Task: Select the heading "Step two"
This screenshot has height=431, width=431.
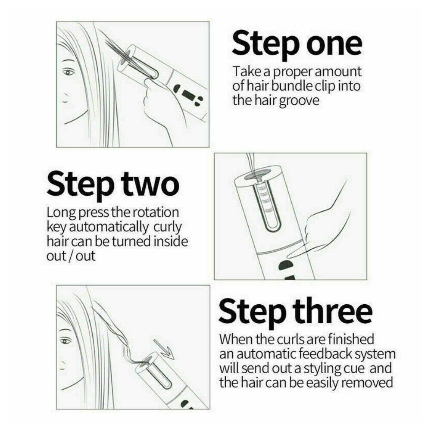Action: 113,183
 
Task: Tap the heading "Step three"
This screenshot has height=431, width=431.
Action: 296,312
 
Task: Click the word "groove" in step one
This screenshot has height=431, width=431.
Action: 299,101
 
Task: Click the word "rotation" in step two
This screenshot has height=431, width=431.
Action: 156,212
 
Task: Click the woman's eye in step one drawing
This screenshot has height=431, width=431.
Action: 69,72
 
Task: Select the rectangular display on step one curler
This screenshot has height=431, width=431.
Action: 189,95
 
